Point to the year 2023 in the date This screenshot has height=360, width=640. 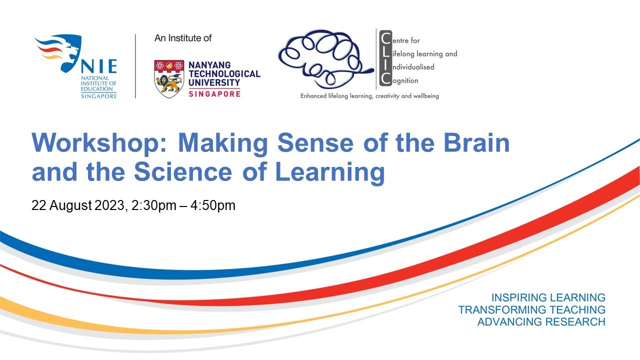[x=108, y=205]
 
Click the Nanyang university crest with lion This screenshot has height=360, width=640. [x=169, y=78]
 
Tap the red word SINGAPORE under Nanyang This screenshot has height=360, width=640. [x=214, y=93]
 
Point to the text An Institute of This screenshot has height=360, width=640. [x=183, y=38]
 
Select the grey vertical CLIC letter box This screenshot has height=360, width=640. [x=385, y=57]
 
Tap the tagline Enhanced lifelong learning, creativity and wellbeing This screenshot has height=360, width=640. [x=369, y=95]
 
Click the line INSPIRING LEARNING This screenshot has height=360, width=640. [x=548, y=297]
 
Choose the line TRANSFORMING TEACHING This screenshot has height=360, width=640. [x=531, y=310]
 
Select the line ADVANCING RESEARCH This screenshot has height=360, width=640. [x=541, y=322]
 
